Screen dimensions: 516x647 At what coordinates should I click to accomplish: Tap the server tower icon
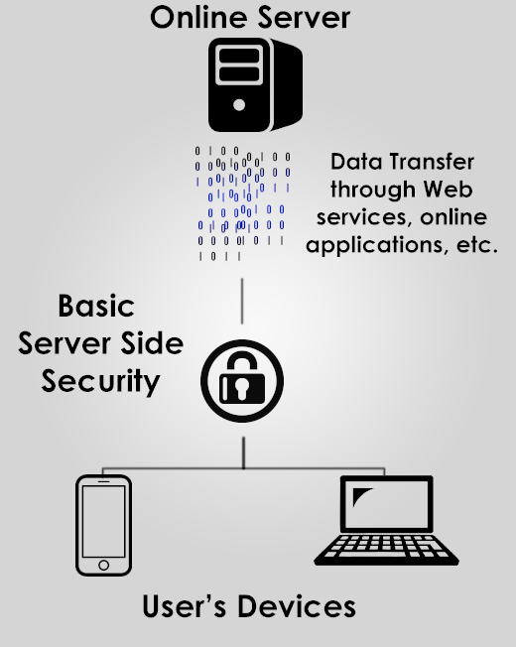pos(255,85)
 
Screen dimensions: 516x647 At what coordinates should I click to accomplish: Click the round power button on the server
pos(239,105)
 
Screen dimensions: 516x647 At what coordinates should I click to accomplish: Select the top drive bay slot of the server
pos(239,57)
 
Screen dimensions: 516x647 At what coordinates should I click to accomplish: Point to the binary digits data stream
pos(242,203)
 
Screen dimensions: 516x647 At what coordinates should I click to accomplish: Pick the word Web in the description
pos(449,189)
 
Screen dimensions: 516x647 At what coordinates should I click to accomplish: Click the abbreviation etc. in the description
pos(477,245)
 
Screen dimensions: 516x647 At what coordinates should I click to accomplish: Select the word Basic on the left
pos(96,306)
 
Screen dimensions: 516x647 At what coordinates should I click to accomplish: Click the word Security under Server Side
pos(100,382)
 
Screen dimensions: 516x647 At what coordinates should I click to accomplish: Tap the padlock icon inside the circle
pos(242,377)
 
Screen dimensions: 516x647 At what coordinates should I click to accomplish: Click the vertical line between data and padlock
pos(242,301)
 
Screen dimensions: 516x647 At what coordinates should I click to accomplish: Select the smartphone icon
pos(103,525)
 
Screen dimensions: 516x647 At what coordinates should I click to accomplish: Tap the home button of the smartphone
pos(103,565)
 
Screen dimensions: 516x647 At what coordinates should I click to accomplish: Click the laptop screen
pos(386,503)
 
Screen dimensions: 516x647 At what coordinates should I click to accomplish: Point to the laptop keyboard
pos(386,549)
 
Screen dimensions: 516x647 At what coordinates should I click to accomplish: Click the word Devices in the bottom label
pos(297,606)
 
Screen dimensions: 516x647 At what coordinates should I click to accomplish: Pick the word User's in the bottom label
pos(185,606)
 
